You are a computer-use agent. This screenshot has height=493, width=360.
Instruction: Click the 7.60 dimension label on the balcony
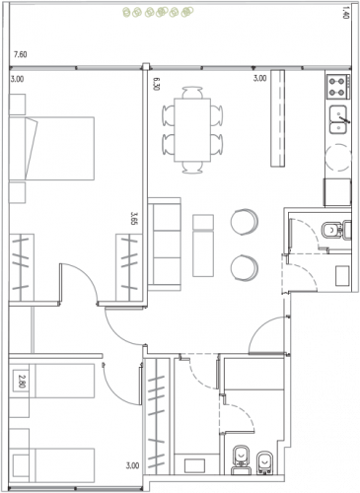point(20,54)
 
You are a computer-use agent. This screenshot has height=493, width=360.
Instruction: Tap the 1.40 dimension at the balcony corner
point(345,13)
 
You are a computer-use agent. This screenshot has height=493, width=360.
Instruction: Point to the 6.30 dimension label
point(157,84)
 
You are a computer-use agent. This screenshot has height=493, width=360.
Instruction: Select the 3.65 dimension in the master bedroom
point(134,218)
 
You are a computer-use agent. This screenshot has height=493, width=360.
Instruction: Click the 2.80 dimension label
point(22,382)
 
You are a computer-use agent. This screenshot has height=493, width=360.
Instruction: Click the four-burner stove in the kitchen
point(338,87)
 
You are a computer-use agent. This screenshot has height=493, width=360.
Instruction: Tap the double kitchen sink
point(338,119)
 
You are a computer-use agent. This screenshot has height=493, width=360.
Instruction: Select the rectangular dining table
point(192,130)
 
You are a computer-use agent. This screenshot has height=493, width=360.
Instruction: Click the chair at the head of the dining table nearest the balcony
point(192,93)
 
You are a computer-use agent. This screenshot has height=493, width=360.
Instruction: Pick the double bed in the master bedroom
point(51,148)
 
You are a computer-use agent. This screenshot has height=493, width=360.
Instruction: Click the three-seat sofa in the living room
point(165,244)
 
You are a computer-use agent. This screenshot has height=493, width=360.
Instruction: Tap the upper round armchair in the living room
point(245,222)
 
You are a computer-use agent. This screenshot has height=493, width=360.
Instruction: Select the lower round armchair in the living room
point(245,267)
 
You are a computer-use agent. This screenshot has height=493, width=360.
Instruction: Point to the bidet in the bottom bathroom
point(264,462)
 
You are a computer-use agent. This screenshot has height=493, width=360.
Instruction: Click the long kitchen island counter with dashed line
point(278,118)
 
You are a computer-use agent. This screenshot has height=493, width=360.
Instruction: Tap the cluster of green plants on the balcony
point(158,12)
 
